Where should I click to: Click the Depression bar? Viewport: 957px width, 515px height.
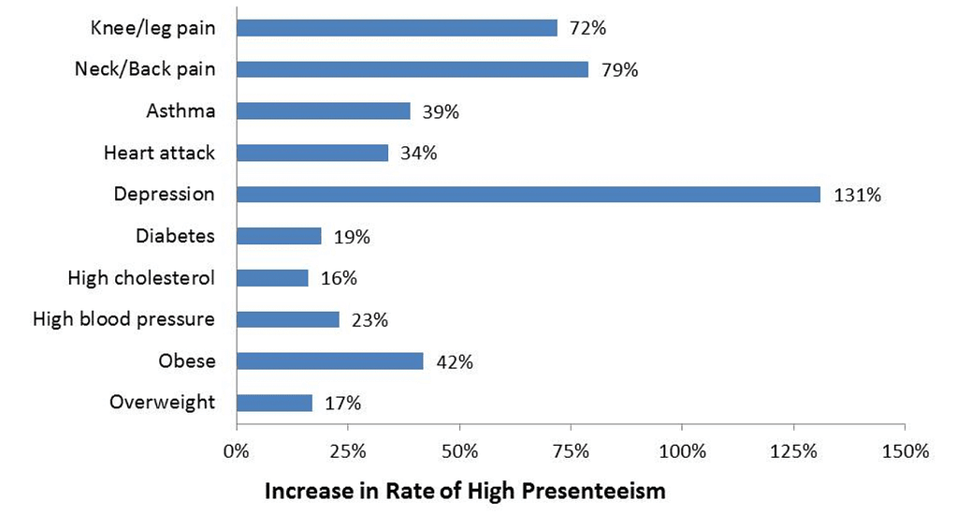coord(529,194)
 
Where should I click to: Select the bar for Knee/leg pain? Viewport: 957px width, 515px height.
coord(397,28)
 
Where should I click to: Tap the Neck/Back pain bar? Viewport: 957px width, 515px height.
coord(413,69)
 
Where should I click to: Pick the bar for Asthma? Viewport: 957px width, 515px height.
coord(324,111)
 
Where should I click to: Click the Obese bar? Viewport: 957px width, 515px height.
coord(329,361)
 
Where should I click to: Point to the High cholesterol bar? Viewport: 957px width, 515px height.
coord(272,278)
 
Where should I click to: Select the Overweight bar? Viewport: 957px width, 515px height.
coord(275,403)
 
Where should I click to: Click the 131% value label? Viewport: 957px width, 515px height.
coord(858,195)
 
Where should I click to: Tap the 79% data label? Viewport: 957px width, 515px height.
coord(619,70)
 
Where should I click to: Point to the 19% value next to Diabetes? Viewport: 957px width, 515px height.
coord(352,236)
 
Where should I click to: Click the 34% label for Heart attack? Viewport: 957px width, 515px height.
coord(419,153)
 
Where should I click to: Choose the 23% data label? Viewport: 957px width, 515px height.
coord(370,319)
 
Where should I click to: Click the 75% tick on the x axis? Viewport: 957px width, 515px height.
coord(571,451)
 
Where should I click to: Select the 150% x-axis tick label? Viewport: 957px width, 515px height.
coord(906,451)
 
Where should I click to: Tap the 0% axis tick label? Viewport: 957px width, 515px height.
coord(237,451)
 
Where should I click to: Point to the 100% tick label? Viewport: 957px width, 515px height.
coord(682,451)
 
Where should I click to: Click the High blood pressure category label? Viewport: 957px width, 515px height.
coord(123,319)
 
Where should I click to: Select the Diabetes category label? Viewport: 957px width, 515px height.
coord(175,236)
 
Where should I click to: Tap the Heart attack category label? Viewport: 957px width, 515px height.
coord(159,152)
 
